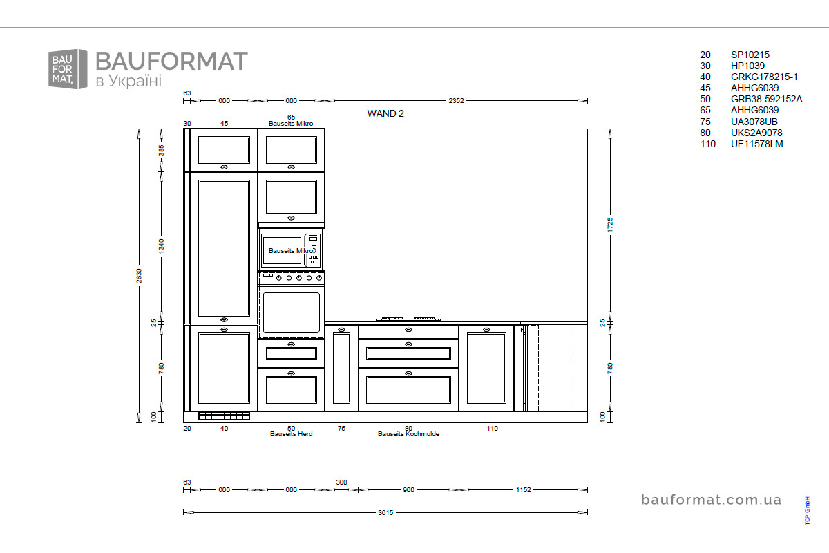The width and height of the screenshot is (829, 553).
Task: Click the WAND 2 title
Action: pyautogui.click(x=385, y=113)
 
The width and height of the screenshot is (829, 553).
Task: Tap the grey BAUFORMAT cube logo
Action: pyautogui.click(x=68, y=69)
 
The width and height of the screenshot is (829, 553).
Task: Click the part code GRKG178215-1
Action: pyautogui.click(x=764, y=77)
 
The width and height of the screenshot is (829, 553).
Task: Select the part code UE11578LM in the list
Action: pyautogui.click(x=757, y=144)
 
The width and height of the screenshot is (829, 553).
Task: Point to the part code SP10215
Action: pyautogui.click(x=750, y=55)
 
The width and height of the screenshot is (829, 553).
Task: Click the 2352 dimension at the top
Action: pyautogui.click(x=456, y=100)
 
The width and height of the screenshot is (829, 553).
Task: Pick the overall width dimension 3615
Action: pyautogui.click(x=385, y=512)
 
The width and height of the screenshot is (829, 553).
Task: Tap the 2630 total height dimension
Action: pyautogui.click(x=139, y=276)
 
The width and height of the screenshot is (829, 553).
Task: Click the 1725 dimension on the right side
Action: pyautogui.click(x=610, y=225)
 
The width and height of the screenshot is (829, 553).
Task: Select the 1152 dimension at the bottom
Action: pyautogui.click(x=524, y=489)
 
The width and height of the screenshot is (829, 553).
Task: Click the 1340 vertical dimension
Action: pyautogui.click(x=161, y=246)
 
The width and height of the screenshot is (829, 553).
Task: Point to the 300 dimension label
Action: pyautogui.click(x=341, y=482)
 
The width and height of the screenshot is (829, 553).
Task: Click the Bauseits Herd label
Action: pyautogui.click(x=291, y=433)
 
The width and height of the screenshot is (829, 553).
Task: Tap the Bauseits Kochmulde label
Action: pyautogui.click(x=408, y=433)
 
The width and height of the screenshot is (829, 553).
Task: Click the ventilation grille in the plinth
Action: pyautogui.click(x=224, y=415)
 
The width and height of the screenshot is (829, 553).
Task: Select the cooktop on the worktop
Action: pyautogui.click(x=408, y=319)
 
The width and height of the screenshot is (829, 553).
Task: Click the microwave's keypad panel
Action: pyautogui.click(x=313, y=250)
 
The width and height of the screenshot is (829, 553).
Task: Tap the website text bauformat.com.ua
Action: pyautogui.click(x=711, y=500)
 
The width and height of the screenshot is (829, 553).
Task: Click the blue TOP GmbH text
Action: pyautogui.click(x=807, y=510)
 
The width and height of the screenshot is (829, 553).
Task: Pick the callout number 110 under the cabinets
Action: pyautogui.click(x=492, y=428)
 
